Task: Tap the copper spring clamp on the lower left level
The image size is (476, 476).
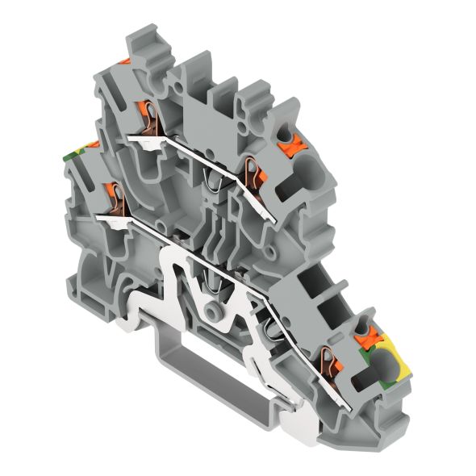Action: (115, 196)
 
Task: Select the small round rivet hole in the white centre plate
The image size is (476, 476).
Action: (214, 311)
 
